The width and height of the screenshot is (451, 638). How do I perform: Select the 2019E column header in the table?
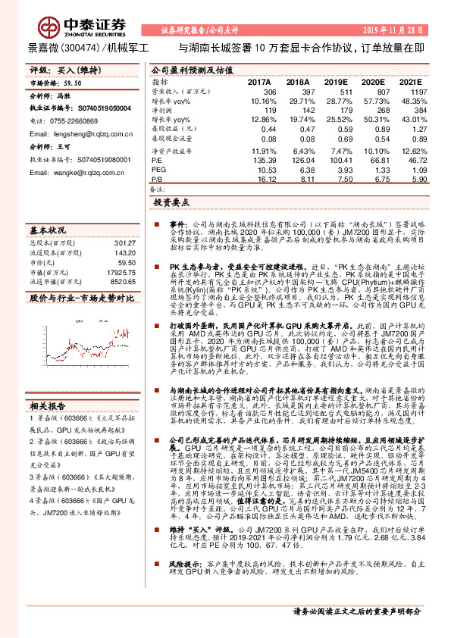click(x=335, y=81)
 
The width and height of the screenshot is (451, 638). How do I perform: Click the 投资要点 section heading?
click(x=170, y=204)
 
